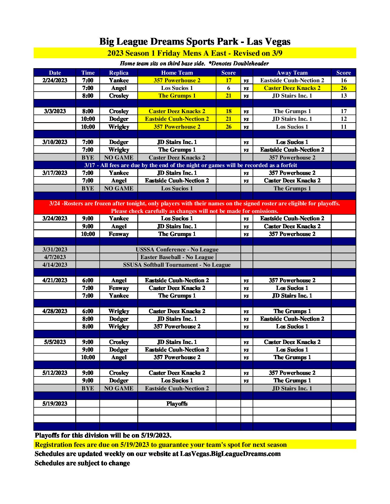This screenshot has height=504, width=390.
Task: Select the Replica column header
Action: pyautogui.click(x=119, y=73)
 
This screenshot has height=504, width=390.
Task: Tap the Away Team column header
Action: pyautogui.click(x=292, y=73)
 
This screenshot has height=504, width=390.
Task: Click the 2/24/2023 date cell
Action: pyautogui.click(x=55, y=80)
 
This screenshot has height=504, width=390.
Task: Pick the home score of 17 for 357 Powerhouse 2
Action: pyautogui.click(x=228, y=80)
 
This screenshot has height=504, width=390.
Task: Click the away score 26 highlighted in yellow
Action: pyautogui.click(x=343, y=88)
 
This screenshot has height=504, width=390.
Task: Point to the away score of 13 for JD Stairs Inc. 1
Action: pyautogui.click(x=343, y=96)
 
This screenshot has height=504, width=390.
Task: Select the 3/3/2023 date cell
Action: pyautogui.click(x=55, y=111)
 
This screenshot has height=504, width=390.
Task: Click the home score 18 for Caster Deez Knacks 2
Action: pyautogui.click(x=228, y=111)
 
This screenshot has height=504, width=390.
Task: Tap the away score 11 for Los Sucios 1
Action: pyautogui.click(x=343, y=127)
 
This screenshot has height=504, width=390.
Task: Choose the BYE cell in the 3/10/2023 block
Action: pyautogui.click(x=88, y=158)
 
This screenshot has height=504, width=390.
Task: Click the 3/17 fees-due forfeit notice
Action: pyautogui.click(x=190, y=165)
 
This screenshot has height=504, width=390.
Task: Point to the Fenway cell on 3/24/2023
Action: pyautogui.click(x=119, y=234)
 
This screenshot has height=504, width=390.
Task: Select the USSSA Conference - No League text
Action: pyautogui.click(x=177, y=249)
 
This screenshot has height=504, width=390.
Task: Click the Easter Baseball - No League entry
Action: pyautogui.click(x=177, y=257)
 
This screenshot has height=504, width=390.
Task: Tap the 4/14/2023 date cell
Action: pyautogui.click(x=55, y=265)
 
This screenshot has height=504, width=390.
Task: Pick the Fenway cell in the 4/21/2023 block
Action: pyautogui.click(x=119, y=288)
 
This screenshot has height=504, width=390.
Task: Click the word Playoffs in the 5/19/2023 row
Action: pyautogui.click(x=177, y=404)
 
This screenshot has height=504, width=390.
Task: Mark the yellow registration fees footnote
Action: pyautogui.click(x=161, y=445)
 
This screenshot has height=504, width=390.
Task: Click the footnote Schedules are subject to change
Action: pyautogui.click(x=82, y=463)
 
